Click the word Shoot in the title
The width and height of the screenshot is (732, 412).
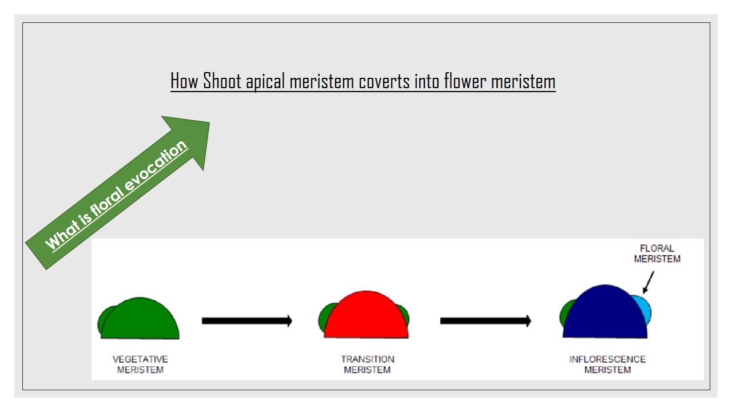tap(223, 82)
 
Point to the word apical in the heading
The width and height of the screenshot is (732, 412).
tap(265, 82)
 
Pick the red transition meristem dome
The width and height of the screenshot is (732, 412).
tap(366, 318)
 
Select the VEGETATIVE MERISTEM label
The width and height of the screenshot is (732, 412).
tap(140, 365)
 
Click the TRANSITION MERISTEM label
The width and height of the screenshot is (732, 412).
tap(368, 365)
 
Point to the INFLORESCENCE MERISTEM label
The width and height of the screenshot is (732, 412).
tap(607, 365)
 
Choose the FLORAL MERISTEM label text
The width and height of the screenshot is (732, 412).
tap(657, 253)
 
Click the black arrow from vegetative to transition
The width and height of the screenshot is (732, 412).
tap(246, 321)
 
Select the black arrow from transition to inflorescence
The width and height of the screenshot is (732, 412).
tap(485, 321)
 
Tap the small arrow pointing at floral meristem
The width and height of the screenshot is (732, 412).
tap(649, 282)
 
